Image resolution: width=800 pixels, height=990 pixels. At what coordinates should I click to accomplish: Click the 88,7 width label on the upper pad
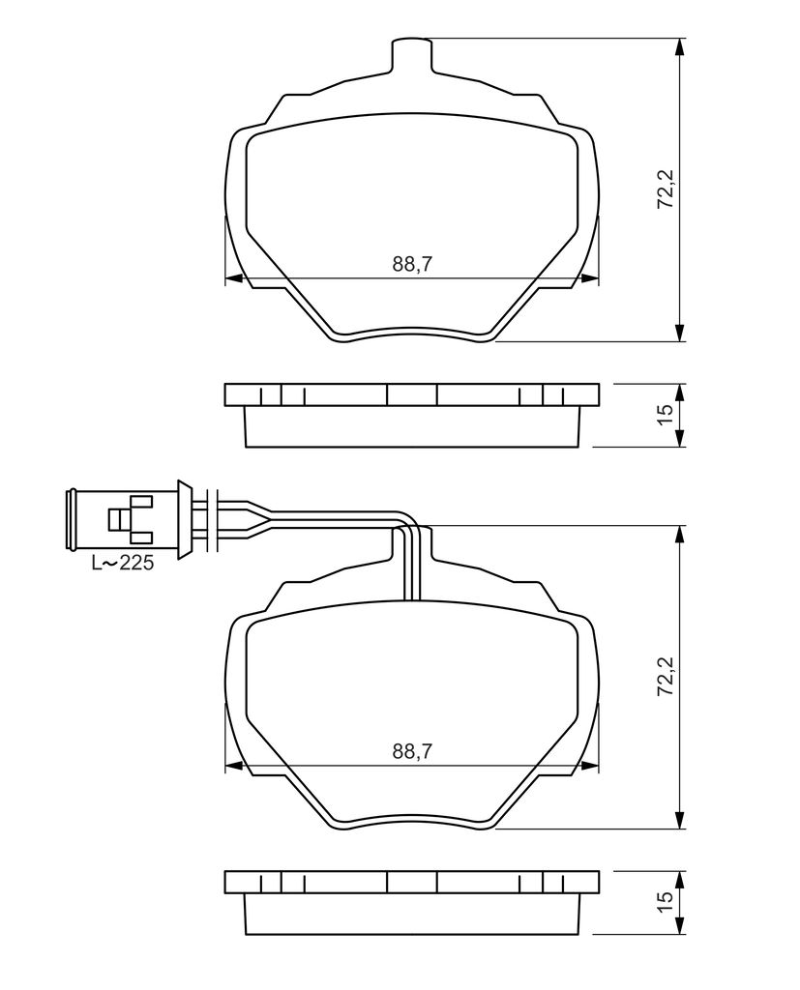point(412,264)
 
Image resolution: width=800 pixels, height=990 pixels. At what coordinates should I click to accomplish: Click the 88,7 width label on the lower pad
point(412,750)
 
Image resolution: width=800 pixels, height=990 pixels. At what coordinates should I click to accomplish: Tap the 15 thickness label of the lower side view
point(666,901)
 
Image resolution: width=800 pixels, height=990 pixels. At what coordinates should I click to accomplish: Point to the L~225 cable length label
point(123,563)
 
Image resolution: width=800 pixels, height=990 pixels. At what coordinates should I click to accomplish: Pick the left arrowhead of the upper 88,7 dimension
point(235,279)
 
